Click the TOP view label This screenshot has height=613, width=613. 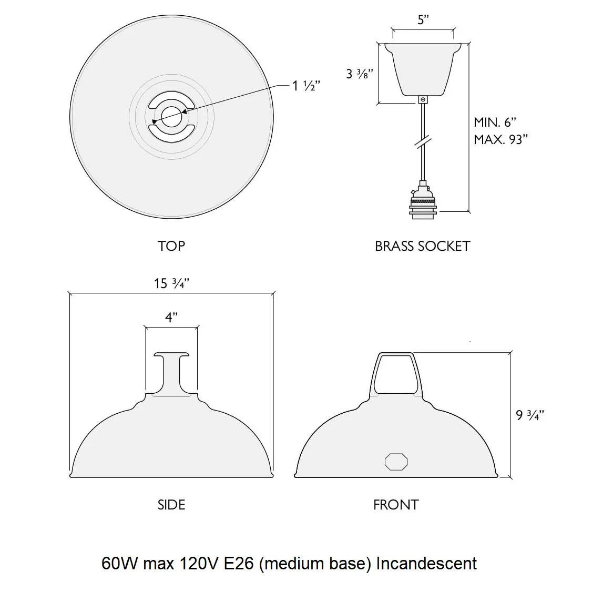(x=171, y=246)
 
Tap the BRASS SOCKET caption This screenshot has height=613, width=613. (x=422, y=246)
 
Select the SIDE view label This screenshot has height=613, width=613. (x=171, y=505)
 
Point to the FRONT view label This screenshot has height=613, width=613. (x=396, y=505)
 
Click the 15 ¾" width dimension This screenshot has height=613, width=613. (x=171, y=283)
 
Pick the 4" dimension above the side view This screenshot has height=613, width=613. (x=171, y=317)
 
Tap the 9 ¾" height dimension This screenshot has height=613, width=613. (x=530, y=415)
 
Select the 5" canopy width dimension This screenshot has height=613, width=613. (x=423, y=19)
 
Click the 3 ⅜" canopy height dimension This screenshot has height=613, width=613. (x=360, y=74)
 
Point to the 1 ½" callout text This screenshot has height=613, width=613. (x=306, y=86)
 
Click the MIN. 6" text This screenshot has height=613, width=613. (x=495, y=122)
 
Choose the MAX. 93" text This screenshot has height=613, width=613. (x=500, y=139)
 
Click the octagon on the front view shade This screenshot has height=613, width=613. (x=396, y=462)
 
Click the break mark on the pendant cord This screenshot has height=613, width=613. (x=423, y=142)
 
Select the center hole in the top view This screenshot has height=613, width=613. (x=171, y=117)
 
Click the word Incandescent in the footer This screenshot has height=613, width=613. (x=426, y=564)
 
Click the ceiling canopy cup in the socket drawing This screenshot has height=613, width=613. (x=423, y=69)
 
